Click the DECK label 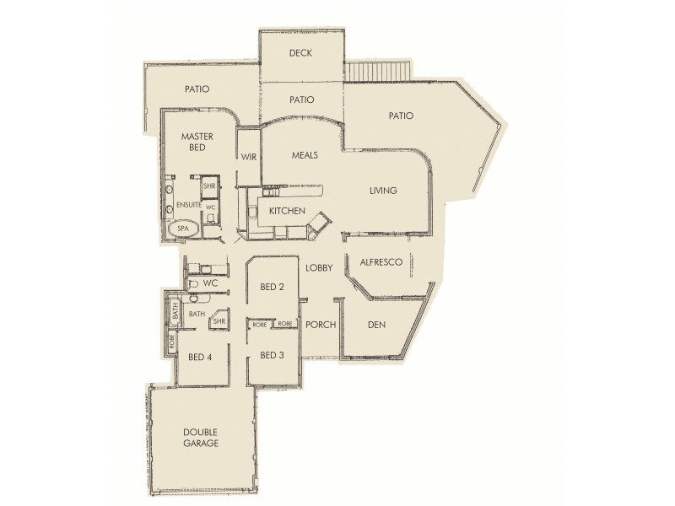(301, 53)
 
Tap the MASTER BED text (196, 142)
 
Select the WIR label (249, 157)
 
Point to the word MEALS (305, 156)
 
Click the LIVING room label (383, 191)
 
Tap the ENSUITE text (189, 205)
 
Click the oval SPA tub (182, 228)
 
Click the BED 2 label (272, 288)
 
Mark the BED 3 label (272, 354)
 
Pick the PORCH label (321, 325)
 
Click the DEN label (376, 325)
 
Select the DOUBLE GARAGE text (201, 437)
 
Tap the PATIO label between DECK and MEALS (301, 100)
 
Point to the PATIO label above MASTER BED (196, 89)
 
